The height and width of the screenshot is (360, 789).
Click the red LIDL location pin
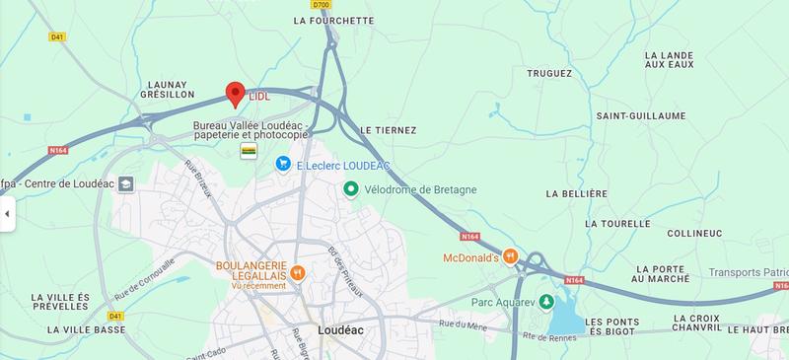point(235,94)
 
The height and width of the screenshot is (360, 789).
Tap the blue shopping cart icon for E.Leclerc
point(283,164)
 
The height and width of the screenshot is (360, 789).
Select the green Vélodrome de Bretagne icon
point(350,188)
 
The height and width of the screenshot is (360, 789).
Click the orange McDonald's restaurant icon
point(510,257)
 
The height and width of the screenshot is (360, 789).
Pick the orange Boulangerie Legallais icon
point(298,272)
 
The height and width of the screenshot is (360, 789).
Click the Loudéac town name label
point(343,331)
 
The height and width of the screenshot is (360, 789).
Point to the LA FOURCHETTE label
point(334,20)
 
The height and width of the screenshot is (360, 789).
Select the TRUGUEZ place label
point(549,73)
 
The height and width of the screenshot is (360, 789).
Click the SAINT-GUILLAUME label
point(640,115)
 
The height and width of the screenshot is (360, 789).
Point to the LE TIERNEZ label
point(389,130)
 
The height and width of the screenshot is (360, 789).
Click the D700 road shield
point(320,5)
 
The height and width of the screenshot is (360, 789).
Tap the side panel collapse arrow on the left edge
point(7,213)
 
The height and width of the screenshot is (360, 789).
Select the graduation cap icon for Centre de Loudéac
point(125,183)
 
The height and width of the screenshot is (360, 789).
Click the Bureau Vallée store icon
point(250,151)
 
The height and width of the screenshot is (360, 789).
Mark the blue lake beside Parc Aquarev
point(566,319)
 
